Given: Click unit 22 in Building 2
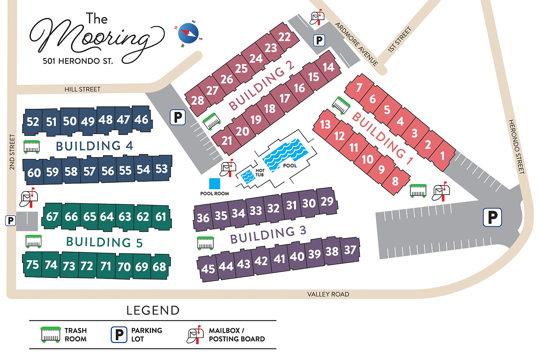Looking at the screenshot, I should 284,37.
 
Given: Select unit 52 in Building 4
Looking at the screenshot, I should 33,122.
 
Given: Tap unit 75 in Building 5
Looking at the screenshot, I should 32,265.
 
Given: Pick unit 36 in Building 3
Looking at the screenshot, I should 203,218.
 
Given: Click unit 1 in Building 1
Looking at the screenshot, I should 442,156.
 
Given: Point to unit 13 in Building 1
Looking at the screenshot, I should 325,125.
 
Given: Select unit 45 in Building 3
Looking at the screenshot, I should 208,269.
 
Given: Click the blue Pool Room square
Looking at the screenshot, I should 215,184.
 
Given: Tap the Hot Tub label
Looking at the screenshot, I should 260,173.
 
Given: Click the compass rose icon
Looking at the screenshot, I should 188,33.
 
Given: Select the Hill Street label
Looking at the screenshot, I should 82,89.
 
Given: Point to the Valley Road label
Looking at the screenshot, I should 328,294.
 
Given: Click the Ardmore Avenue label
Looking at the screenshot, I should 356,44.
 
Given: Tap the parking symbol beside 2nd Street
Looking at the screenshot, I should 11,220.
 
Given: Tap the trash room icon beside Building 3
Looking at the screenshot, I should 206,243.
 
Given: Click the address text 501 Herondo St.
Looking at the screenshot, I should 78,61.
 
